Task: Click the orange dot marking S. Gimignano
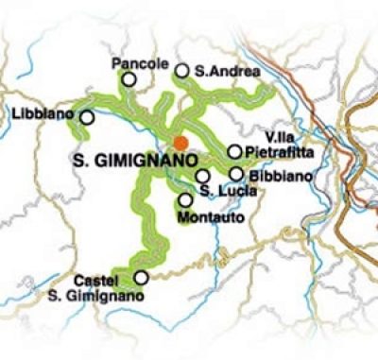coord(180,143)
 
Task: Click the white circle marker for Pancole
coord(129,80)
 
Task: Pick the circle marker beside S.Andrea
coord(182,70)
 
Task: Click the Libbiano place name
coord(43,114)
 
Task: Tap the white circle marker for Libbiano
coord(87,117)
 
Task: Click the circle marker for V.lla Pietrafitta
coord(234,152)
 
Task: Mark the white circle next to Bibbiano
coord(236,174)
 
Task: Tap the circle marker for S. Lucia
coord(202,176)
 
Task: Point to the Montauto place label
coord(205,218)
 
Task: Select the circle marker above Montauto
coord(185,199)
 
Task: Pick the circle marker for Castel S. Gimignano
coord(142,278)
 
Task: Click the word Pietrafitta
coord(275,152)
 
